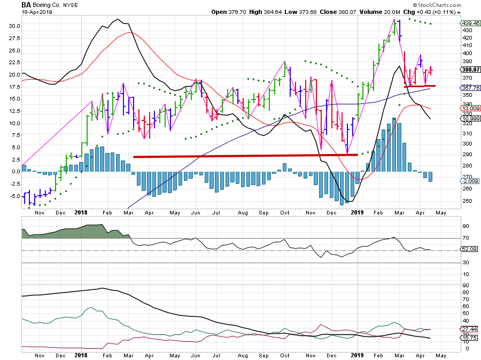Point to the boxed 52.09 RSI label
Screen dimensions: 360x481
tap(469, 250)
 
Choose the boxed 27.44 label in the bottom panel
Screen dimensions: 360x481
tap(469, 329)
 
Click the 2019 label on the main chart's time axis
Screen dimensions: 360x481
tap(357, 213)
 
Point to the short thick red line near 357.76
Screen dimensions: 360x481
tap(419, 86)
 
